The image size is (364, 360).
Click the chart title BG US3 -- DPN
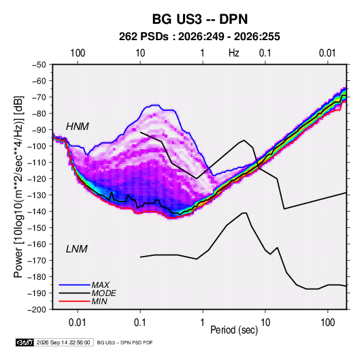click(x=200, y=19)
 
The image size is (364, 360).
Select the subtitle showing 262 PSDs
click(x=199, y=37)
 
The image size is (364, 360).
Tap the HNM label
click(x=78, y=127)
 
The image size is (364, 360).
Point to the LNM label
click(x=77, y=249)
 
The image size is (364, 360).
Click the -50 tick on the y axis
click(x=39, y=65)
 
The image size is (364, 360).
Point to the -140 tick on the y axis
click(x=37, y=212)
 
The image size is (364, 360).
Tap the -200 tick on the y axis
click(x=37, y=310)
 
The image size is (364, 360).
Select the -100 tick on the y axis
click(x=37, y=146)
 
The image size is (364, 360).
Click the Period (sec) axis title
click(x=234, y=330)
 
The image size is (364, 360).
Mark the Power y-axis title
click(x=18, y=187)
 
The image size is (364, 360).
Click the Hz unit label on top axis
click(x=234, y=53)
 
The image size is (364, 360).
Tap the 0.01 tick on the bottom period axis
click(x=78, y=323)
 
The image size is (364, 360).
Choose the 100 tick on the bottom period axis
click(x=327, y=323)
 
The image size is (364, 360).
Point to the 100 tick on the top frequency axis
click(x=78, y=53)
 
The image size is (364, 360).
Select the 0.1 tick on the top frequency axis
click(x=265, y=53)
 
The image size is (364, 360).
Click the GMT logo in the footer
click(x=25, y=342)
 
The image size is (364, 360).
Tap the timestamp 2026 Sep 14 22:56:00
click(x=63, y=342)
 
